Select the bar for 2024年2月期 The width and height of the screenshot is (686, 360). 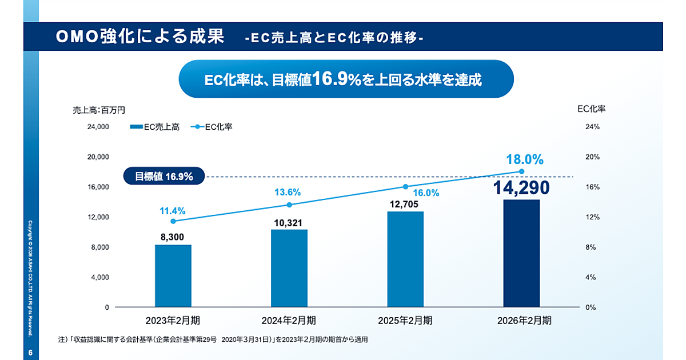289,268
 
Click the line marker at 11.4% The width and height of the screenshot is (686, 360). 173,221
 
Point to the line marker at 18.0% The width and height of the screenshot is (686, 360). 521,171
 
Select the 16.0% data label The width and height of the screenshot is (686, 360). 426,193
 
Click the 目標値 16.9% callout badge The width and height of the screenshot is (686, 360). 164,177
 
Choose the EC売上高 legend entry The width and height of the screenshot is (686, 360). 155,127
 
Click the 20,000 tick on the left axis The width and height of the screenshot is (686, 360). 98,157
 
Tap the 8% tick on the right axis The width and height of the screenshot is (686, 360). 591,247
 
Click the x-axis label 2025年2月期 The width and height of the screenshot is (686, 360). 405,321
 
